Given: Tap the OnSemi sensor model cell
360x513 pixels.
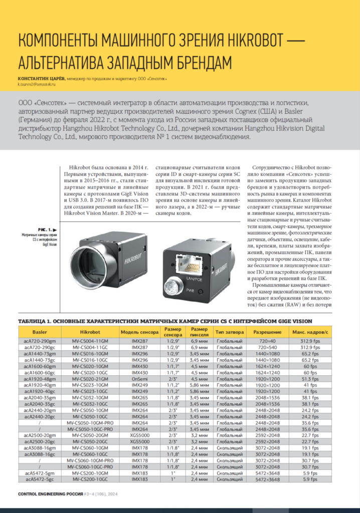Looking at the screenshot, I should (139, 380).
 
